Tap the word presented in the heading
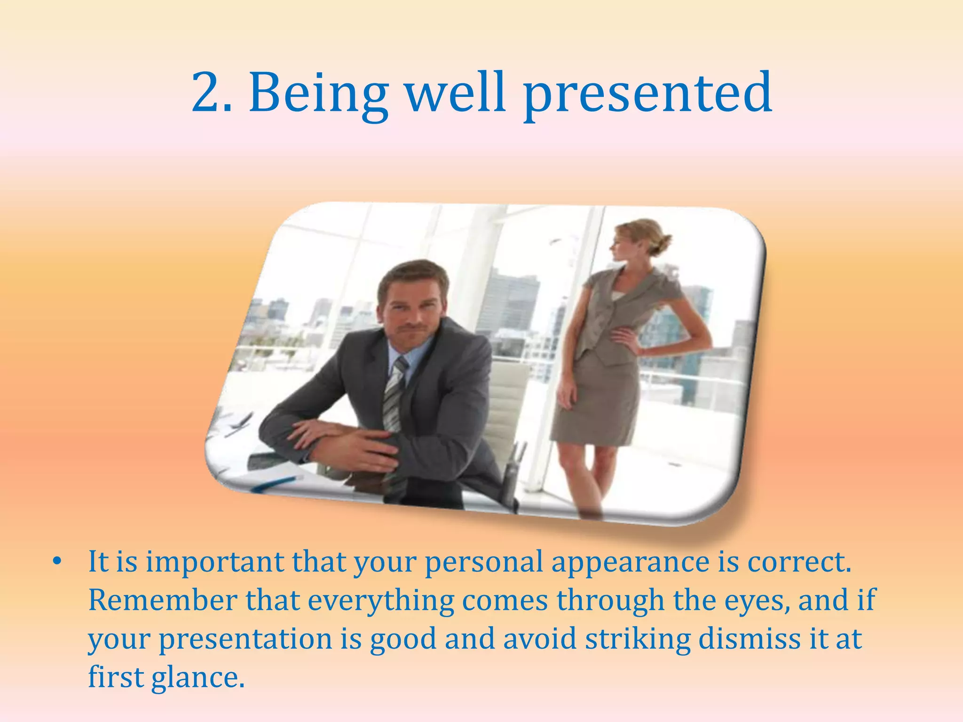tap(647, 94)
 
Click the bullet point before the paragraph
tap(57, 561)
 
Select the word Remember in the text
tap(162, 600)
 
